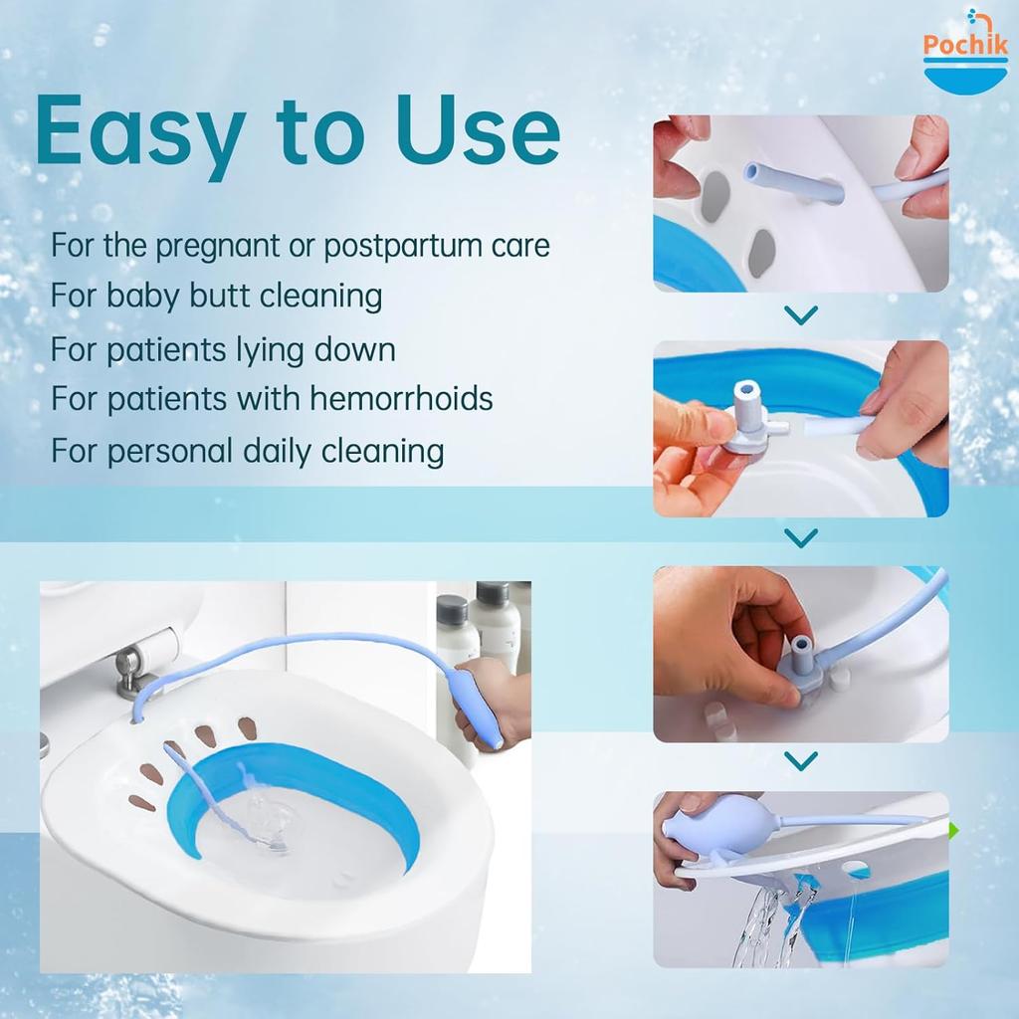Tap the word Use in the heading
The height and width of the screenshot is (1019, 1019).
(479, 130)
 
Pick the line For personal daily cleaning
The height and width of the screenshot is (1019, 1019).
(247, 451)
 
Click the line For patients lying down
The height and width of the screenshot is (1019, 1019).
(223, 348)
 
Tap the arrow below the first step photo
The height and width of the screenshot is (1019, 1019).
(800, 316)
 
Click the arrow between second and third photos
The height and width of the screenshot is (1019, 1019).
(800, 538)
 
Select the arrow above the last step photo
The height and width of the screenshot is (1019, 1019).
(800, 761)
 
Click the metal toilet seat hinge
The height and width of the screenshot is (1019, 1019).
(128, 670)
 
